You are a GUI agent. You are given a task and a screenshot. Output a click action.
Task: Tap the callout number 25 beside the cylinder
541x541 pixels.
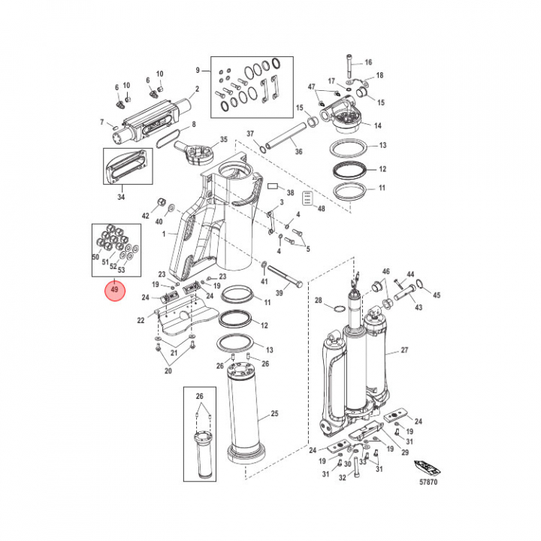[275, 414]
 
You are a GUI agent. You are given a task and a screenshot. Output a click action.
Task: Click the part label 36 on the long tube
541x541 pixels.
[298, 153]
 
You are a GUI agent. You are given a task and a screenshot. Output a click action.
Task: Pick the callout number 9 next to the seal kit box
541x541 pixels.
[198, 70]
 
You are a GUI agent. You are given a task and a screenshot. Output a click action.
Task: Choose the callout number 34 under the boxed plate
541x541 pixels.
[122, 198]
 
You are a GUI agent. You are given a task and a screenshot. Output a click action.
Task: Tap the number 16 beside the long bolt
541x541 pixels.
[368, 62]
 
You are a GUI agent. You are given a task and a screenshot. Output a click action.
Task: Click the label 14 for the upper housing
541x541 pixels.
[378, 126]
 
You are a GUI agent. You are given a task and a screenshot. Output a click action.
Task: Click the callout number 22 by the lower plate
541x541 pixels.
[140, 321]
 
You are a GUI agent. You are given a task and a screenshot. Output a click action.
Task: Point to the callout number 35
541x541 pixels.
[223, 141]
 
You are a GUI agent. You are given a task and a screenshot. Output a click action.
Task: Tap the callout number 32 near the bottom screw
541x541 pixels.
[343, 477]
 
